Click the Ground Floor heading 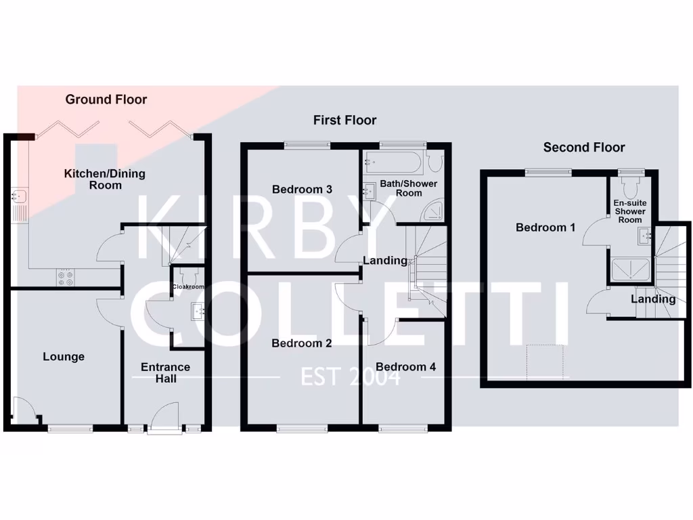[106, 100]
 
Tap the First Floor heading [344, 121]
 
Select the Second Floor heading [584, 148]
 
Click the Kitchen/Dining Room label [104, 179]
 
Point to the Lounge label [64, 357]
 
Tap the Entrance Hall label [165, 372]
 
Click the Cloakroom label [188, 287]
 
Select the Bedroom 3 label [302, 190]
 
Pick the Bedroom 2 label [301, 343]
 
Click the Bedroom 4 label [405, 367]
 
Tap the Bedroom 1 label [545, 227]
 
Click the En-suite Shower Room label [630, 211]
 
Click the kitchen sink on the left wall [18, 197]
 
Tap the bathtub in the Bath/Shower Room [393, 162]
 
